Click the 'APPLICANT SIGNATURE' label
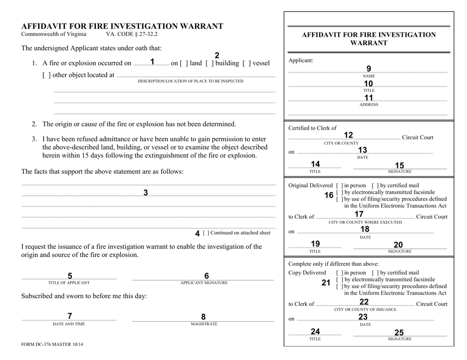coord(203,282)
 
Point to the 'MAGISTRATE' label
coord(203,324)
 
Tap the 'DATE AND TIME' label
coord(69,324)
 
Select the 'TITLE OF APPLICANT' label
coord(69,282)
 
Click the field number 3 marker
coord(146,193)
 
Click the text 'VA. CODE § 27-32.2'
coord(132,34)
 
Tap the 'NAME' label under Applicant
coord(369,76)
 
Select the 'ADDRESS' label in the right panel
coord(369,105)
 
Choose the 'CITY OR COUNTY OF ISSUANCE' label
coord(363,310)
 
